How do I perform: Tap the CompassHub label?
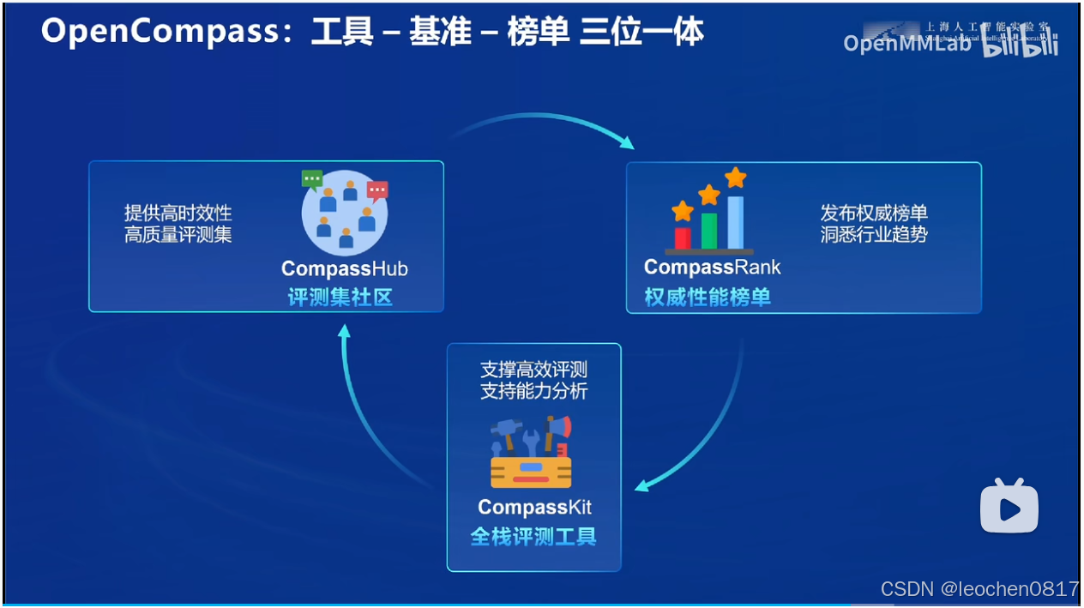[345, 268]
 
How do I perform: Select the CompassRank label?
[713, 267]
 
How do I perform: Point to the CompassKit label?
[534, 507]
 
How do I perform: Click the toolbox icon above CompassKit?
[532, 453]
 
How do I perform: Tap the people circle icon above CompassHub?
[345, 214]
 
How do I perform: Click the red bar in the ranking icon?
[683, 238]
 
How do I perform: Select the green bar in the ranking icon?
[709, 230]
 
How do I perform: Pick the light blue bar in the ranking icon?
[736, 221]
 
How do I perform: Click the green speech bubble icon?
[312, 179]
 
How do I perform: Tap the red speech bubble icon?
[377, 190]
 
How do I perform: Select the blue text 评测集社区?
[340, 297]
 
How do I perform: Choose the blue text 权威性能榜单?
[708, 297]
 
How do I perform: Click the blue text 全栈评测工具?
[533, 537]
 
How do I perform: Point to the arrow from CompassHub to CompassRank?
[540, 125]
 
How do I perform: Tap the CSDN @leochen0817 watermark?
[979, 589]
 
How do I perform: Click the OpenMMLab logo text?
[906, 44]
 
